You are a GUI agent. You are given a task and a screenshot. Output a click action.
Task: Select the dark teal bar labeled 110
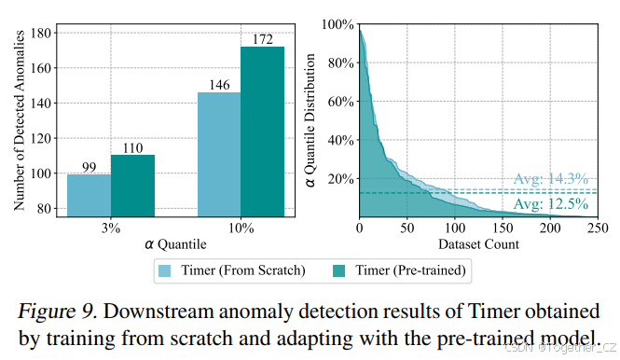point(131,186)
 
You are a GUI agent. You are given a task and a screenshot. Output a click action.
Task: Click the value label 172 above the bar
point(262,39)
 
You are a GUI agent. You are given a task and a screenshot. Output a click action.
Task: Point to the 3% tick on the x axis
point(110,227)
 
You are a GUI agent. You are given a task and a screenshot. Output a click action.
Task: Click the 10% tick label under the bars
point(241,227)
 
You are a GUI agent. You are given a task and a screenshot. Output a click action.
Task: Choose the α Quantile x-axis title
point(175,243)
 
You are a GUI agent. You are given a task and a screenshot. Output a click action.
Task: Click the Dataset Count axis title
point(478,243)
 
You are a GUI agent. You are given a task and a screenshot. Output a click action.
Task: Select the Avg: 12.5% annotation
point(551,204)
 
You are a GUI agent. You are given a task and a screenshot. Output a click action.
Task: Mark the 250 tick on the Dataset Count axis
point(598,227)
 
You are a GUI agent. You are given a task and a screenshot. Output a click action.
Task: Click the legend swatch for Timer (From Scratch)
point(165,270)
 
